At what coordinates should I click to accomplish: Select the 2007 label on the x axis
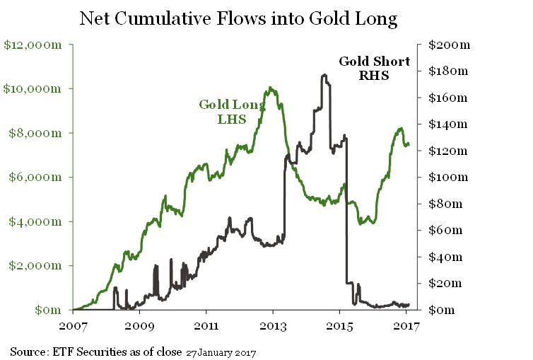pyautogui.click(x=73, y=327)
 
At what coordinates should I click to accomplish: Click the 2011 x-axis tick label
pyautogui.click(x=206, y=327)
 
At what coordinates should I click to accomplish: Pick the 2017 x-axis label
pyautogui.click(x=405, y=327)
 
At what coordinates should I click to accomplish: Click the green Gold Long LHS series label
pyautogui.click(x=232, y=112)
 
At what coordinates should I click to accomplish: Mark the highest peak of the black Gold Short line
pyautogui.click(x=323, y=74)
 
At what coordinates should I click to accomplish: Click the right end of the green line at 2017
pyautogui.click(x=409, y=144)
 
